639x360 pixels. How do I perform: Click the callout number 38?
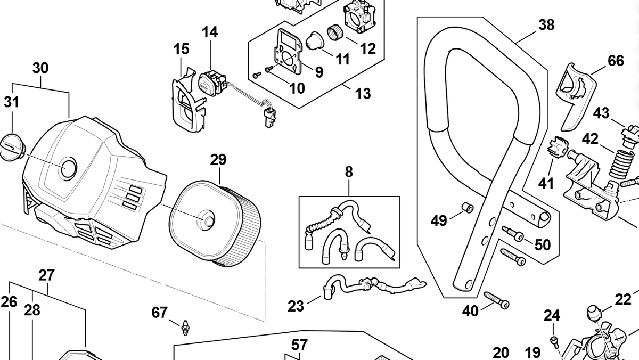(x=546, y=25)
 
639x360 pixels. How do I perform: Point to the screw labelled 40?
(x=496, y=299)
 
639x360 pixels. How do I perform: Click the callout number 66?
(x=616, y=61)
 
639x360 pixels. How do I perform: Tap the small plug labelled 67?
(x=186, y=326)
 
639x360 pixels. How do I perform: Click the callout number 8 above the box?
(x=349, y=172)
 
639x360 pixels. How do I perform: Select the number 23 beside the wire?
(x=296, y=306)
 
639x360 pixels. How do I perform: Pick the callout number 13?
(x=363, y=94)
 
